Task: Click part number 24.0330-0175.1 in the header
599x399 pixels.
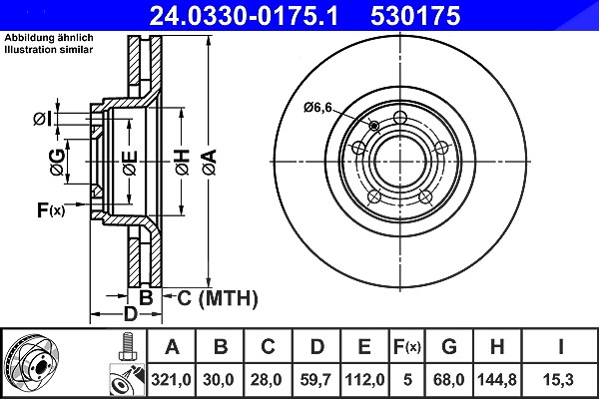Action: click(x=244, y=16)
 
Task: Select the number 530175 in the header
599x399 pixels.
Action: click(x=415, y=16)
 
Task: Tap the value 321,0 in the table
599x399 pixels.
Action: click(x=171, y=380)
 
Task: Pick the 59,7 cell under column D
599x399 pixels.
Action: click(x=315, y=380)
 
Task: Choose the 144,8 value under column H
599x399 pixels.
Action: click(x=497, y=380)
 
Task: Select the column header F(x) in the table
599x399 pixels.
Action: click(x=407, y=347)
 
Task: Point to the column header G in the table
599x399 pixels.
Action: click(x=449, y=347)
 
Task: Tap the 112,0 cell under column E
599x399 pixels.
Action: click(x=364, y=380)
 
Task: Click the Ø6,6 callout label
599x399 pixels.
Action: click(x=317, y=108)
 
